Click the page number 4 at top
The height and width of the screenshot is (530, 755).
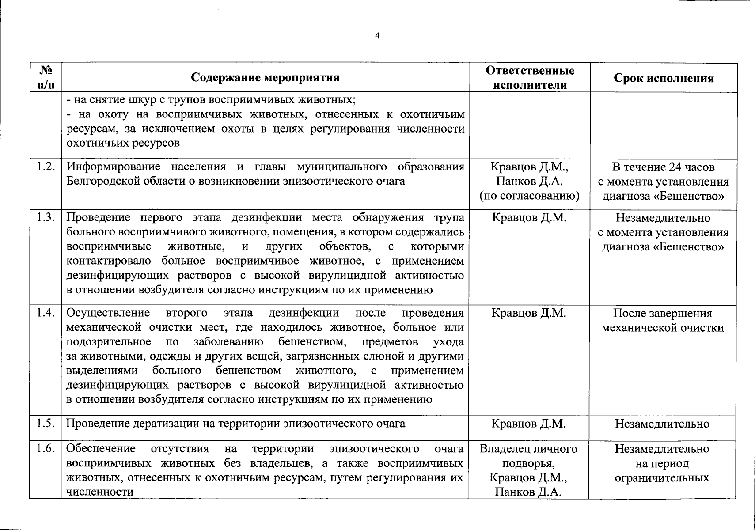pyautogui.click(x=377, y=36)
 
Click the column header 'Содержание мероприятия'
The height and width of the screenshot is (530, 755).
pyautogui.click(x=265, y=78)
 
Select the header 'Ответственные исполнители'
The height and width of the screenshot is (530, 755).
pyautogui.click(x=530, y=78)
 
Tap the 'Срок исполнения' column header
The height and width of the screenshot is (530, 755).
pyautogui.click(x=664, y=78)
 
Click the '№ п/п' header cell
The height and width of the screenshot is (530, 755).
pyautogui.click(x=46, y=78)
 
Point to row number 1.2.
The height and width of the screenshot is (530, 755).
pyautogui.click(x=46, y=167)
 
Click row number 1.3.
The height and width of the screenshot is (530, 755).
pyautogui.click(x=46, y=217)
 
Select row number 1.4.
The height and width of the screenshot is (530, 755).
pyautogui.click(x=46, y=313)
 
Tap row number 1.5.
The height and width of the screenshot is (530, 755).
pyautogui.click(x=46, y=423)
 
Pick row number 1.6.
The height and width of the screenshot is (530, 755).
pyautogui.click(x=46, y=448)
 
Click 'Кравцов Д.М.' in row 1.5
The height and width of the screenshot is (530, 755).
pyautogui.click(x=528, y=424)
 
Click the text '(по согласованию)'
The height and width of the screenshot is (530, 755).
pyautogui.click(x=529, y=196)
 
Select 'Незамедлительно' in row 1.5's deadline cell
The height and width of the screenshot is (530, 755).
pyautogui.click(x=662, y=424)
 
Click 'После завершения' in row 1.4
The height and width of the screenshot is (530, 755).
pyautogui.click(x=662, y=313)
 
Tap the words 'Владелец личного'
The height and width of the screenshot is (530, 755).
pyautogui.click(x=528, y=449)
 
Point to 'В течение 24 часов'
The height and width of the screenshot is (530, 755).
pyautogui.click(x=663, y=167)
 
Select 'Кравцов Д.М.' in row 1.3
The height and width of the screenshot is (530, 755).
pyautogui.click(x=528, y=217)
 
